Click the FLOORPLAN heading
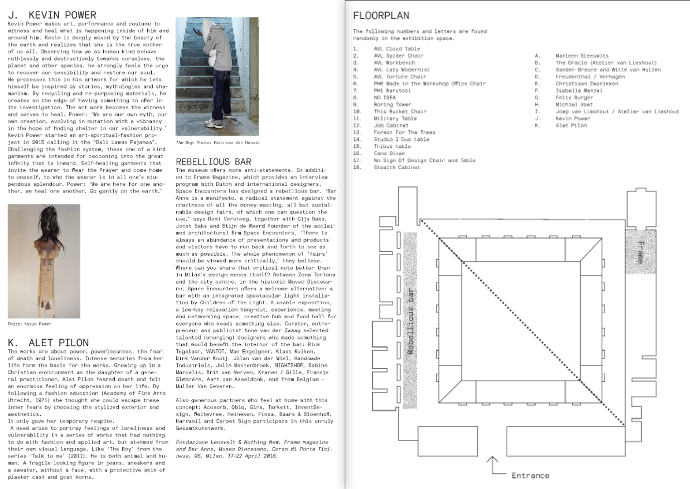tap(381, 16)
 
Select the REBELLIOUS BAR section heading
tap(213, 162)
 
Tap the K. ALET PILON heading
tap(48, 342)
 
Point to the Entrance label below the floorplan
tap(530, 475)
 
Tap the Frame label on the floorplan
tap(640, 252)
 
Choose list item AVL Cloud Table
tap(396, 49)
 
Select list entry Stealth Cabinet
tap(396, 167)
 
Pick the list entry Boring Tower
tap(392, 104)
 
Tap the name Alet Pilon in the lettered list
tap(571, 126)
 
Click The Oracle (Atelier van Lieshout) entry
tap(606, 63)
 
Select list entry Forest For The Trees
tap(404, 132)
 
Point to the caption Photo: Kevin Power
tap(29, 324)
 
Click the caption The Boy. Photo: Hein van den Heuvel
tap(218, 143)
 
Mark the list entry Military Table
tap(395, 118)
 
